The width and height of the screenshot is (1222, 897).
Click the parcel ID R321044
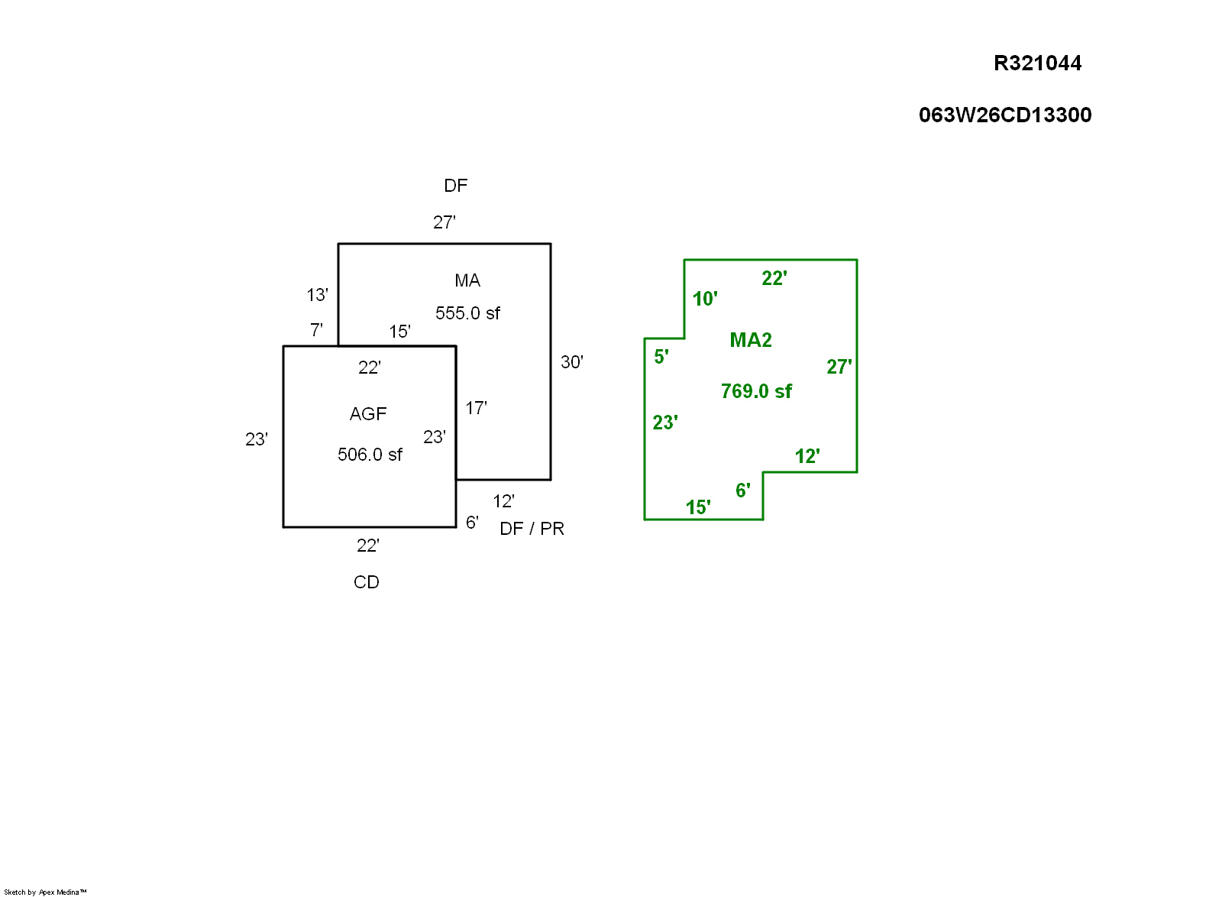[1037, 63]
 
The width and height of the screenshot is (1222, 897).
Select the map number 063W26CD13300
[1005, 115]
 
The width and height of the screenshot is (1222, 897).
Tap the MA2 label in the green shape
[751, 340]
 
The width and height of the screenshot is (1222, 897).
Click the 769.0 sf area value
[756, 391]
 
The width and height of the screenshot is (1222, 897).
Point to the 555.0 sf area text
[467, 313]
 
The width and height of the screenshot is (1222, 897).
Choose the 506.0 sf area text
[370, 455]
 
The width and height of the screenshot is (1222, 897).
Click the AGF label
[368, 414]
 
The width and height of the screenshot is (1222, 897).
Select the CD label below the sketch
[367, 582]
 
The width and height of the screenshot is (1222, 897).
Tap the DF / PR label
[532, 529]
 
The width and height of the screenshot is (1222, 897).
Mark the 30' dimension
[572, 362]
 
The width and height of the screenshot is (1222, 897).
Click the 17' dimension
[476, 408]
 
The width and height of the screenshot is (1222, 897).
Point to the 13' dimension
[317, 295]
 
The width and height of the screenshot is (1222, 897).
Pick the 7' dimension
[316, 330]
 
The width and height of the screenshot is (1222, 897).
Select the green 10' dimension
[705, 299]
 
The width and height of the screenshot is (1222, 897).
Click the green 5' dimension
[661, 357]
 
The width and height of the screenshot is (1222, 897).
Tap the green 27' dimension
[839, 367]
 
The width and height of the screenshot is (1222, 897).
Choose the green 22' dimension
[774, 278]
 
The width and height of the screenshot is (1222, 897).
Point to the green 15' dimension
[698, 507]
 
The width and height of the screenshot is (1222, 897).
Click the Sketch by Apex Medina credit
[45, 892]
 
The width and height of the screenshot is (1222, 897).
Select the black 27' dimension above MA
[445, 222]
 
